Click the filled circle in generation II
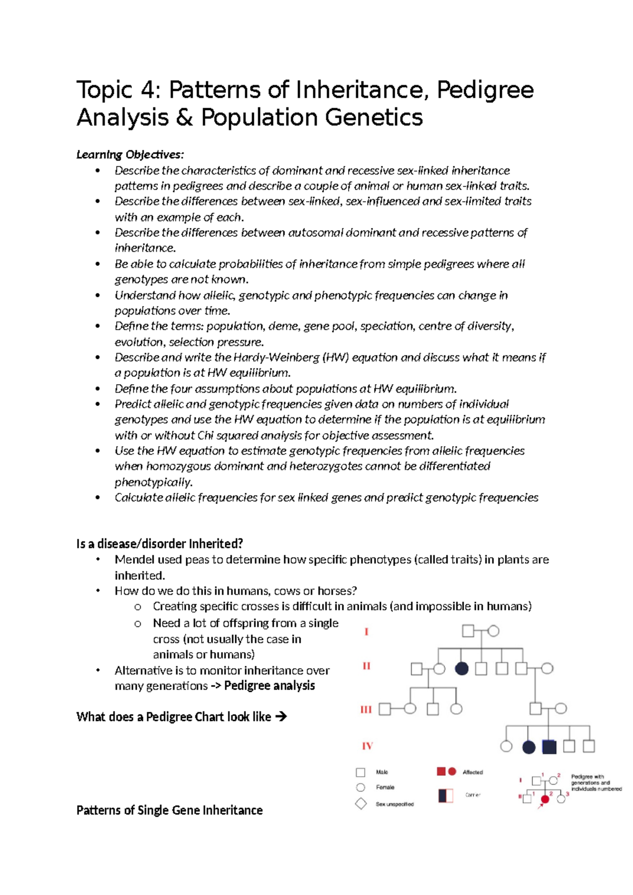(x=462, y=669)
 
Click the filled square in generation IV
(x=549, y=747)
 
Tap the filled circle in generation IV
(x=529, y=747)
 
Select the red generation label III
(x=366, y=710)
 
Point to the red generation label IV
(x=367, y=746)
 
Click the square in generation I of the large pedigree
(x=468, y=631)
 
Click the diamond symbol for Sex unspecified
(x=361, y=804)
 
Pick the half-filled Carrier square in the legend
(x=446, y=795)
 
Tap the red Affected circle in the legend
(x=452, y=772)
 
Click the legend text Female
(x=385, y=787)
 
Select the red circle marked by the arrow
(x=545, y=799)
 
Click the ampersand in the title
(x=184, y=118)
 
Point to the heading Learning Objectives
(x=130, y=155)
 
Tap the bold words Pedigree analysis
(x=269, y=685)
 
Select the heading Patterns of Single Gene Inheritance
(x=169, y=810)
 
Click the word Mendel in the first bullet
(x=133, y=560)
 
